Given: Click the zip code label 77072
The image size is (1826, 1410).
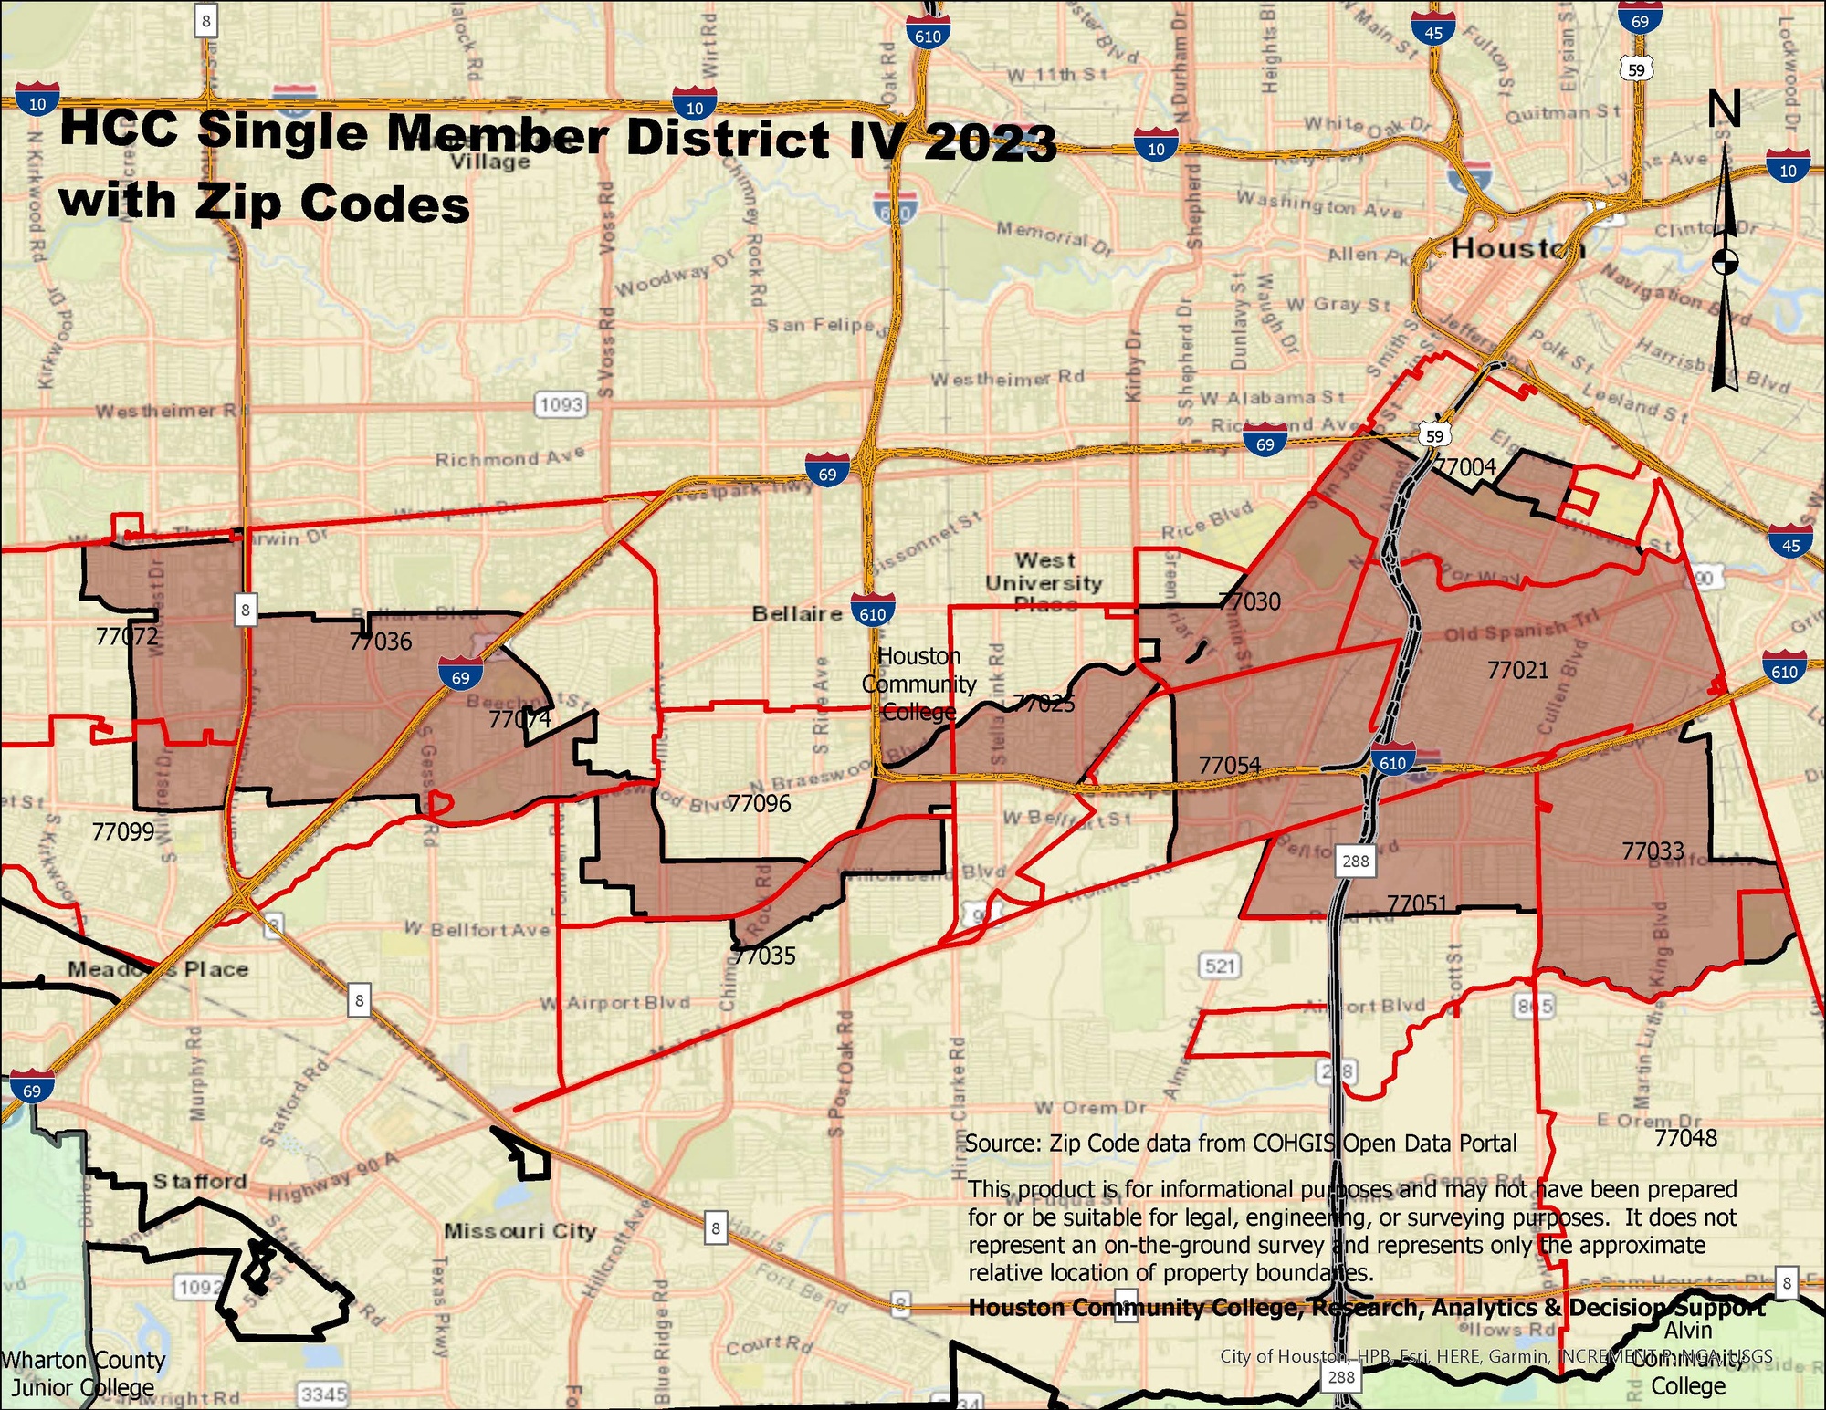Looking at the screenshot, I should [x=127, y=636].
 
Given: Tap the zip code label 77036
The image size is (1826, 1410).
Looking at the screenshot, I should [x=381, y=642].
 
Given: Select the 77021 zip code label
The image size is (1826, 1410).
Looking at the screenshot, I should [x=1518, y=670].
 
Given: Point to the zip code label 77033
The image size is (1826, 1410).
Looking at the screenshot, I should [x=1653, y=851].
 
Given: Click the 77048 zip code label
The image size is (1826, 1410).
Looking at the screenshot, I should [x=1686, y=1138].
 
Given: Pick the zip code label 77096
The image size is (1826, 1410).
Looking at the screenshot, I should [x=760, y=803].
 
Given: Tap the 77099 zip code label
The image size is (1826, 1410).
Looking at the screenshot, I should [x=123, y=831].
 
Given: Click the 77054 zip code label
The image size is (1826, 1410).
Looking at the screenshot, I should [x=1230, y=765].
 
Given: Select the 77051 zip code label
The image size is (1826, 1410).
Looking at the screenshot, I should [x=1417, y=903].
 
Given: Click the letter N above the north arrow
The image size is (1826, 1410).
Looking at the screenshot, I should [x=1725, y=110].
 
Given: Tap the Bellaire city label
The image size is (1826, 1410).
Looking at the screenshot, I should [x=797, y=613].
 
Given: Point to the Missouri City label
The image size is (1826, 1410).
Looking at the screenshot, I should [x=519, y=1231].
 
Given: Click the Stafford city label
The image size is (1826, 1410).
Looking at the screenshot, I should [x=200, y=1181].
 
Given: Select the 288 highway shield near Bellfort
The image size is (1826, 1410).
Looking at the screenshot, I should [x=1356, y=861].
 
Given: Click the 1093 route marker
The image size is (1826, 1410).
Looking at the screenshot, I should [x=561, y=403].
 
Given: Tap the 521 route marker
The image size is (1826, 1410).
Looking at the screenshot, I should [x=1220, y=966].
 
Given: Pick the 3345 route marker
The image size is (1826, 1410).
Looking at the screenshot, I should [x=324, y=1394].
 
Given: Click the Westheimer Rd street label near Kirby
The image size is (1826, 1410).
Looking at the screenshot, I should [x=1007, y=378].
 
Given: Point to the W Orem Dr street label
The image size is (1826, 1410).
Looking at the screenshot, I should [x=1090, y=1108].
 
